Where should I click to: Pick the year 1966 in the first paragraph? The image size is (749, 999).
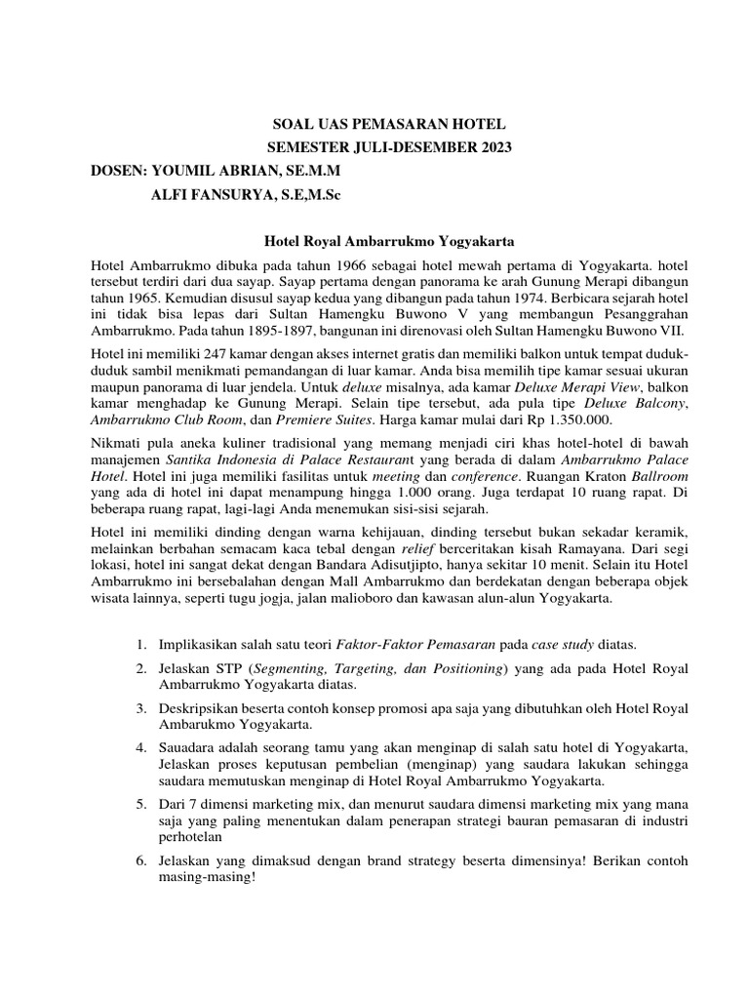(x=332, y=264)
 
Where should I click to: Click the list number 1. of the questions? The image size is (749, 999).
(x=141, y=645)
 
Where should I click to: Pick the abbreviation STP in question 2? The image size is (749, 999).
(x=230, y=668)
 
